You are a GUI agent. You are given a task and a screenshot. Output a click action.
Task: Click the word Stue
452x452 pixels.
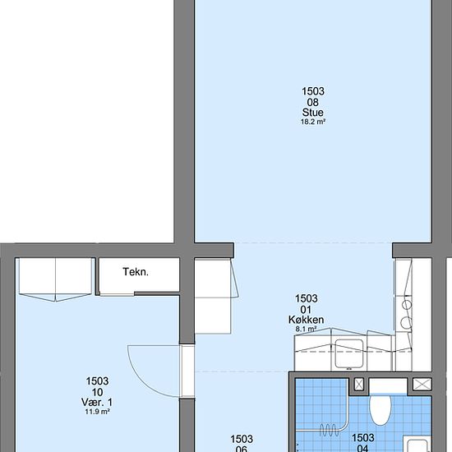click(313, 113)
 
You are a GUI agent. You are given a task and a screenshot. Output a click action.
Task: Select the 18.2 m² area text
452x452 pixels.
click(313, 122)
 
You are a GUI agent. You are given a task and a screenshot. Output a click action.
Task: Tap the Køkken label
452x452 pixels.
click(307, 320)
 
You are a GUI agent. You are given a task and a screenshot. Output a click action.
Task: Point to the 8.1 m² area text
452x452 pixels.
click(307, 329)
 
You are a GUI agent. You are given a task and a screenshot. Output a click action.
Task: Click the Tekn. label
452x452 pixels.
click(136, 272)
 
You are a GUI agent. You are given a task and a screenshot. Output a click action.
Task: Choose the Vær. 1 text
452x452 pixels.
click(97, 402)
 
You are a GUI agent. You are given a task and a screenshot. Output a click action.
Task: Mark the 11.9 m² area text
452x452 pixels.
click(97, 412)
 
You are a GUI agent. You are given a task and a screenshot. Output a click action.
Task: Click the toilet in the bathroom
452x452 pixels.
click(381, 410)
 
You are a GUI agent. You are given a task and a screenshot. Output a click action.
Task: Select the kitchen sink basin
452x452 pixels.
click(348, 353)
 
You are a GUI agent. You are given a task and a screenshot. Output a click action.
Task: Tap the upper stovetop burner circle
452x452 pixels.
click(407, 305)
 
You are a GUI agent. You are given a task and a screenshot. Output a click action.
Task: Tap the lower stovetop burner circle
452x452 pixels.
click(407, 322)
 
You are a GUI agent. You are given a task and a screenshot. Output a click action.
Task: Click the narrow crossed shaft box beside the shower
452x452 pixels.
click(358, 385)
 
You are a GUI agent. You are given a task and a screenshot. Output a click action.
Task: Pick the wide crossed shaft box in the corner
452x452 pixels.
click(422, 385)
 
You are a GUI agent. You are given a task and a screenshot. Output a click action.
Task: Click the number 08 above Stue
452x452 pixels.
click(313, 103)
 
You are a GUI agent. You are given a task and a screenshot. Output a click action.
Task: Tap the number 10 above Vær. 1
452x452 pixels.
click(98, 392)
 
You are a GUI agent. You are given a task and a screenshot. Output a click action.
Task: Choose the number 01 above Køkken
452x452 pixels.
click(306, 310)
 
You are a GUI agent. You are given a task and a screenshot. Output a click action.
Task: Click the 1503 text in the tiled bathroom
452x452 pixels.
click(363, 437)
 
